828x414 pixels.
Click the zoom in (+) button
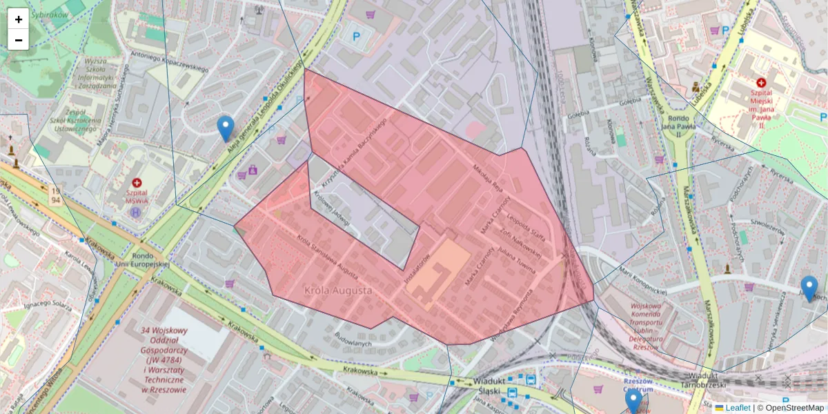click(19, 19)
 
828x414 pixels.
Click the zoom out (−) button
click(19, 40)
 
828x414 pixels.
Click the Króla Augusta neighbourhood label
click(337, 290)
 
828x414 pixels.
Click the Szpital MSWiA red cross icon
click(137, 183)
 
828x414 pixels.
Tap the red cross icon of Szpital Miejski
click(761, 82)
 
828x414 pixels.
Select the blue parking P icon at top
click(357, 36)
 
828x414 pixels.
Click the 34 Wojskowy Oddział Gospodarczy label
click(164, 359)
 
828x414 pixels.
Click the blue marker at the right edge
click(809, 288)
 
